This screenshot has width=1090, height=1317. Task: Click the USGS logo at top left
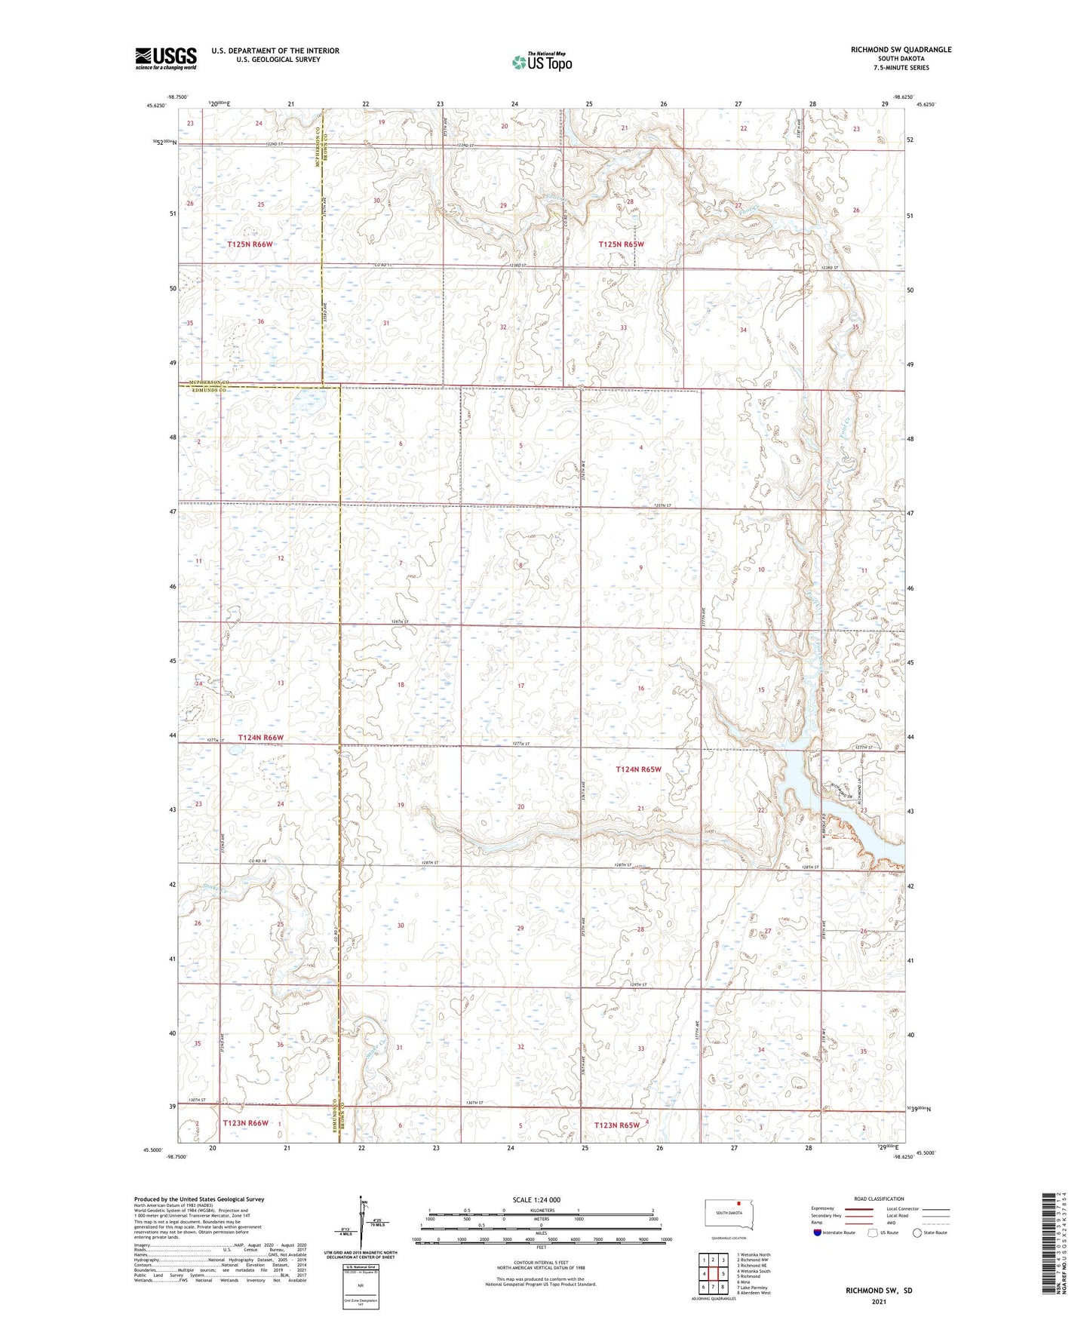(x=165, y=58)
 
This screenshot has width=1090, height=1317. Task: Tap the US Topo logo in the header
(x=541, y=62)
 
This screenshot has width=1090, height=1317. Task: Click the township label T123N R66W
(x=245, y=1123)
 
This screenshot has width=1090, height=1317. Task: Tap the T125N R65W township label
(x=622, y=244)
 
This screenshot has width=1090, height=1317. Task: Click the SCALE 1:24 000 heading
(x=536, y=1199)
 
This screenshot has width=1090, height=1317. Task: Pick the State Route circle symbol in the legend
(x=917, y=1233)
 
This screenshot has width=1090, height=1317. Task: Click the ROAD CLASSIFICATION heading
(x=880, y=1199)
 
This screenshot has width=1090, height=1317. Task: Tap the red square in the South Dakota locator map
(x=740, y=1204)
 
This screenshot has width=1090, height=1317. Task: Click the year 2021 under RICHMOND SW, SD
(x=878, y=1302)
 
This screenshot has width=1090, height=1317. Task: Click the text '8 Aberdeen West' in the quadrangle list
(x=754, y=1293)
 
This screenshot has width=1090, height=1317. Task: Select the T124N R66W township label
(x=261, y=738)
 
